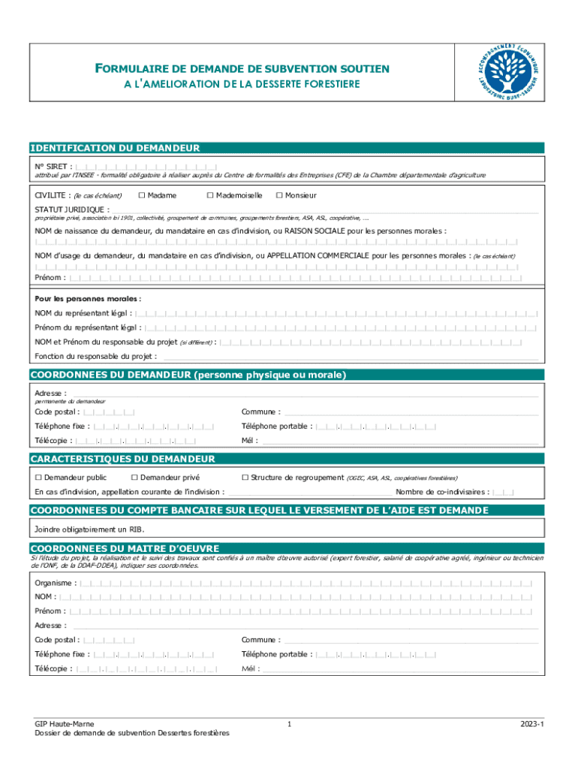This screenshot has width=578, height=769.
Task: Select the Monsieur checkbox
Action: coord(278,196)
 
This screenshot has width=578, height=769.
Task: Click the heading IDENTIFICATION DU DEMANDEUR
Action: coord(114,149)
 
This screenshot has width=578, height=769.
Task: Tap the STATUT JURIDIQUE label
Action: coord(70,210)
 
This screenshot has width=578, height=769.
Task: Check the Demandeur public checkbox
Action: coord(38,478)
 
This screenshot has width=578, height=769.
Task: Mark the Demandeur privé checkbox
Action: coord(134,478)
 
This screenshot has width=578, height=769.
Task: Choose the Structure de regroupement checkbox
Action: coord(245,478)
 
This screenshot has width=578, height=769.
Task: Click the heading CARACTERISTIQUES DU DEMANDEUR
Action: coord(122,459)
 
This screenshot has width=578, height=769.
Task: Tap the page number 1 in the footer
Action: coord(289,723)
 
